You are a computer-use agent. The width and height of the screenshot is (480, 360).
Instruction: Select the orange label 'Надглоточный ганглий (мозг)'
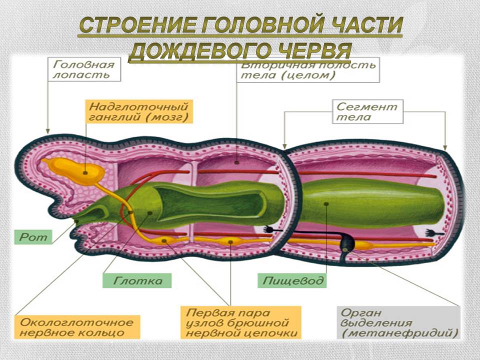[x=139, y=112]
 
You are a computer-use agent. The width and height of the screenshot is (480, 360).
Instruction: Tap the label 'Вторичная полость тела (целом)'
[x=307, y=70]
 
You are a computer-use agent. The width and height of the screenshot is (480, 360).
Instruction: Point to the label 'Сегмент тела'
[x=367, y=112]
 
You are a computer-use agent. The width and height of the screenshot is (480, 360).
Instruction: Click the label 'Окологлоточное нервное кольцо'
[x=77, y=326]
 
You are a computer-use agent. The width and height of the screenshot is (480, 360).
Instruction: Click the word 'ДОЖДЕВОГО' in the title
[x=200, y=51]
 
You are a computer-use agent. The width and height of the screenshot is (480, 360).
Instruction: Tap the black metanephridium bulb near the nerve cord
[x=346, y=243]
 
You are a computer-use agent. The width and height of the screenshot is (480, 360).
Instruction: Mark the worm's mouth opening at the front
[x=75, y=221]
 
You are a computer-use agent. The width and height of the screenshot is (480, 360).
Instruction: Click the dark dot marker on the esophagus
[x=326, y=203]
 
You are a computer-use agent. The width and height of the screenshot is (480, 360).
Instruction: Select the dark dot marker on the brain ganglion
[x=85, y=172]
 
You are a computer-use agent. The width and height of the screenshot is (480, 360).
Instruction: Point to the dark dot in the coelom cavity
[x=236, y=162]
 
